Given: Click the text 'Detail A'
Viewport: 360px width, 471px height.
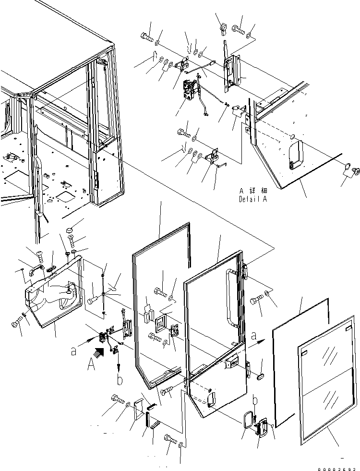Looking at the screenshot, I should point(252,198).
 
